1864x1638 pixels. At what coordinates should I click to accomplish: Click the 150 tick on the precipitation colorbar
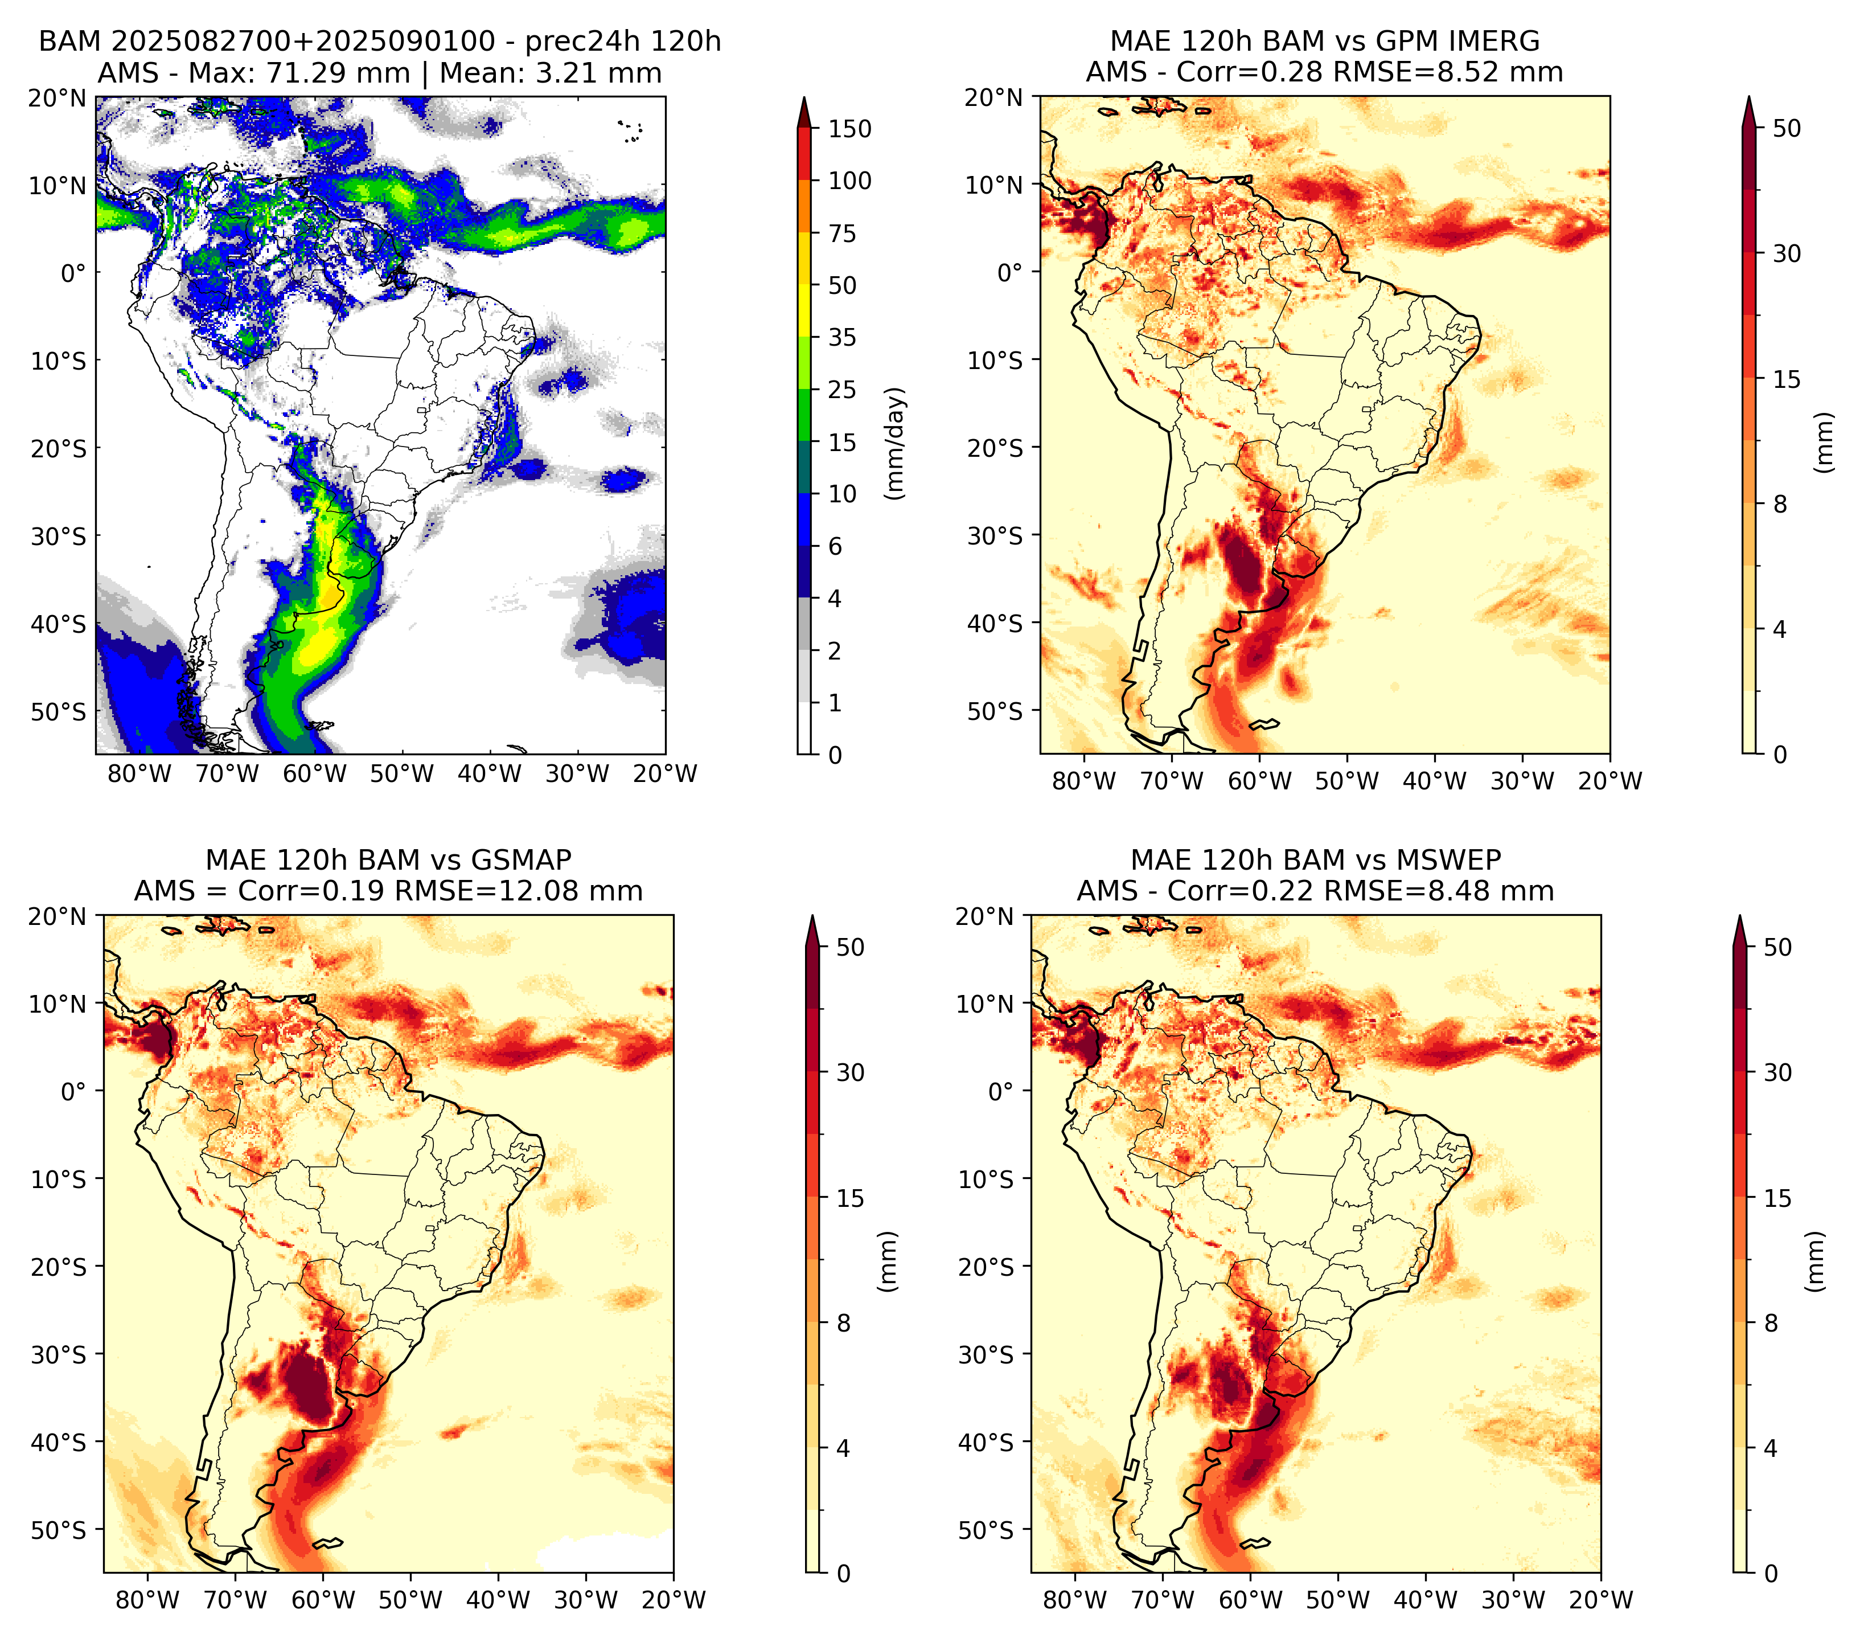coord(849,129)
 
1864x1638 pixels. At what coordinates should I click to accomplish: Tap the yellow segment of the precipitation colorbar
coord(804,285)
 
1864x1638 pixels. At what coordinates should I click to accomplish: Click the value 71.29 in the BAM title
coord(306,73)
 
